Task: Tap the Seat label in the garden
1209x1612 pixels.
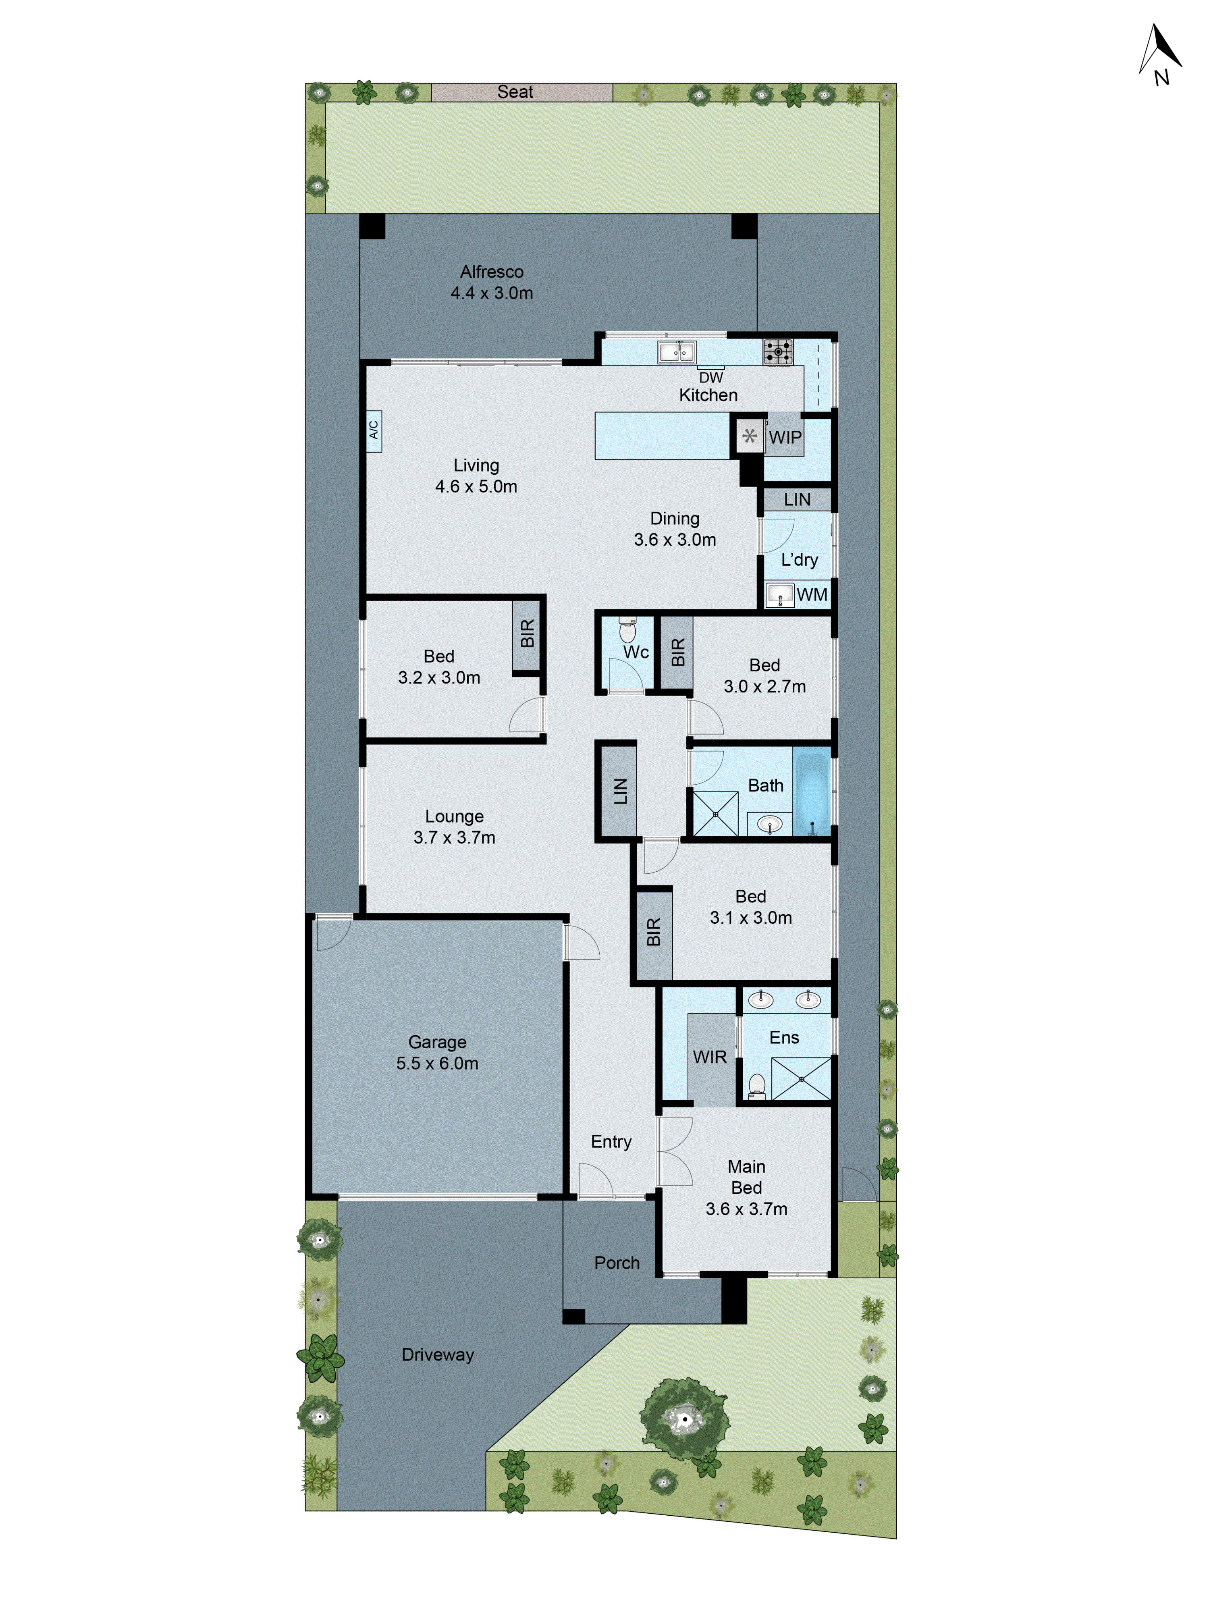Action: (x=515, y=92)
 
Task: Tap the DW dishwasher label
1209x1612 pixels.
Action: (x=710, y=378)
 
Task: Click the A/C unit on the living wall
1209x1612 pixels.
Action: (x=373, y=431)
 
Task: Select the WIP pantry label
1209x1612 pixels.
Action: (x=785, y=437)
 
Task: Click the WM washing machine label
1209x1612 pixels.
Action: (x=811, y=595)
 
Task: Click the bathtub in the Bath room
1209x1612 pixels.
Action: (x=811, y=792)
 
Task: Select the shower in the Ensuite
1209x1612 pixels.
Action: (x=801, y=1078)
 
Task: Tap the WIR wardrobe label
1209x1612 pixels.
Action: (x=709, y=1057)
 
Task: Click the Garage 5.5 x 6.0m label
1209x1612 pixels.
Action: (x=437, y=1052)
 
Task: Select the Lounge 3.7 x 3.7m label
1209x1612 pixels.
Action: (x=454, y=827)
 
